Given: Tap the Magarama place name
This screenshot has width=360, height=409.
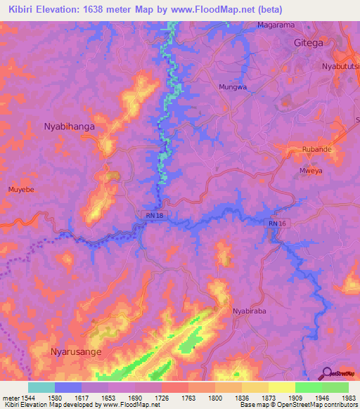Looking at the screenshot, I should click(276, 25).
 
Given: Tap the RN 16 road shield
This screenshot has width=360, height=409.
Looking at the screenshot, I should click(276, 223).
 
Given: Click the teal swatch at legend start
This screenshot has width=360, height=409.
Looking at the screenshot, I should click(41, 387).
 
